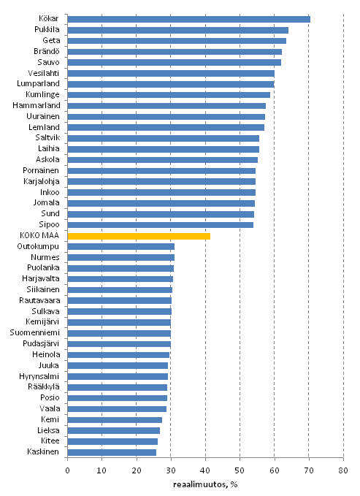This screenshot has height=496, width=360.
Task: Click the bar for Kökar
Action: (x=188, y=19)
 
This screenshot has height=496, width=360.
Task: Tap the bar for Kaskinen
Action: (x=112, y=452)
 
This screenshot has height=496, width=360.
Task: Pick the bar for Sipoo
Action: (x=160, y=225)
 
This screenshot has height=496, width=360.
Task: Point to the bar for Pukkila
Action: (x=177, y=30)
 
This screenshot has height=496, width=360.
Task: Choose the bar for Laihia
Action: (x=163, y=149)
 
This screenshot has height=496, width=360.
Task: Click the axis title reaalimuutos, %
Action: (x=205, y=483)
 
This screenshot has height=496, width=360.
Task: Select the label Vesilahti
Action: (x=45, y=73)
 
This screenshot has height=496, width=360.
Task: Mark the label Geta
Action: (x=52, y=41)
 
